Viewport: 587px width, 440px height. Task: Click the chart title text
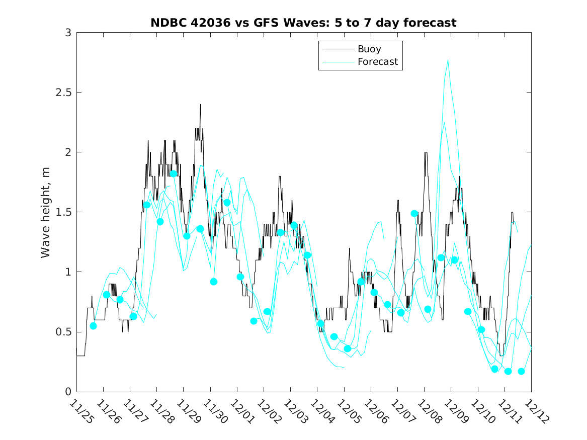(x=303, y=23)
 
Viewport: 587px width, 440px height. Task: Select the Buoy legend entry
(x=369, y=49)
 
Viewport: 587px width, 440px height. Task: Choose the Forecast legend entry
(x=377, y=62)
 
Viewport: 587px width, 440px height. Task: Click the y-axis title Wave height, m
(x=46, y=212)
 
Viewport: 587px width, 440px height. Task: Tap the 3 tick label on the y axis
(x=67, y=33)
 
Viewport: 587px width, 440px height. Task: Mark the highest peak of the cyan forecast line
(x=448, y=60)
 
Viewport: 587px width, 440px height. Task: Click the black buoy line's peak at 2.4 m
(x=200, y=105)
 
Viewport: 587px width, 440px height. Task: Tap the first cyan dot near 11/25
(x=93, y=326)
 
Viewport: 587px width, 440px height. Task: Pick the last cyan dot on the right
(x=521, y=371)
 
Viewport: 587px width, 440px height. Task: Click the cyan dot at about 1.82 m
(x=174, y=174)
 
